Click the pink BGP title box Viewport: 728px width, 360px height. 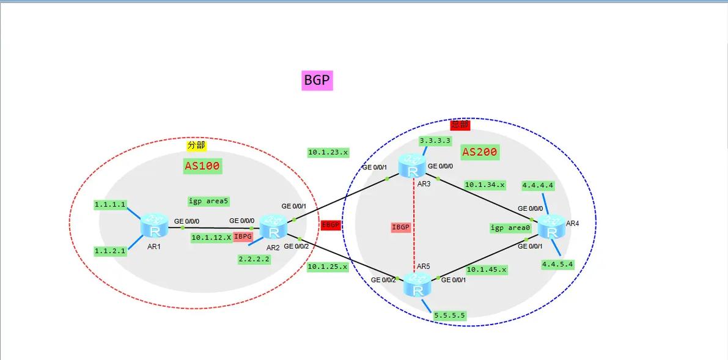click(x=317, y=80)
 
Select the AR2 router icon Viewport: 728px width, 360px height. click(x=273, y=227)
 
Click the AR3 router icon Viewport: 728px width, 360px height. click(x=411, y=166)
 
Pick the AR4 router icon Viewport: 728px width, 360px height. click(x=551, y=227)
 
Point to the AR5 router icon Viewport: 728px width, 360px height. click(x=417, y=285)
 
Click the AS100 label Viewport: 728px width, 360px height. click(x=202, y=165)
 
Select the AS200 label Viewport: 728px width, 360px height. click(x=480, y=152)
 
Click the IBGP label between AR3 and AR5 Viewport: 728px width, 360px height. click(x=400, y=227)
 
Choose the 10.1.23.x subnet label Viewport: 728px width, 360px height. click(x=328, y=153)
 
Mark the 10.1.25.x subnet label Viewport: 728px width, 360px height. click(x=328, y=266)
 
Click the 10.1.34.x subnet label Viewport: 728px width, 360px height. click(x=485, y=184)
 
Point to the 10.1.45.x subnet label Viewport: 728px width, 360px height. click(x=487, y=269)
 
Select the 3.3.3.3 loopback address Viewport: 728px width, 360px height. click(x=435, y=141)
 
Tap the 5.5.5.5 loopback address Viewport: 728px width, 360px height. click(x=449, y=315)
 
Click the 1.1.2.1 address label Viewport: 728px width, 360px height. click(x=110, y=251)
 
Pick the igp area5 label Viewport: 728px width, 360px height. click(x=209, y=200)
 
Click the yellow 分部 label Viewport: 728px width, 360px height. click(x=196, y=145)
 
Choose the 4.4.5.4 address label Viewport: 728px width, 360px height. click(x=557, y=264)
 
